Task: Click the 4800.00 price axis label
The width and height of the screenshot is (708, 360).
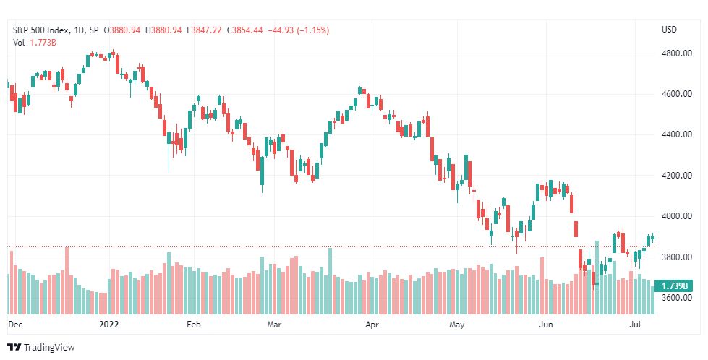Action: pos(676,53)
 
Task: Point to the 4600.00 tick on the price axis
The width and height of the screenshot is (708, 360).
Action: pos(676,94)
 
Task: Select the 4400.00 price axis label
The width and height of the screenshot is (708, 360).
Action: pos(676,134)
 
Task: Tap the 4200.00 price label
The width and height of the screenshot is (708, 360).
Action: pos(676,176)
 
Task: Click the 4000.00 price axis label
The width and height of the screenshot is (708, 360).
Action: pos(676,216)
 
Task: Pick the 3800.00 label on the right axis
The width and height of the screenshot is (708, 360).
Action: pos(676,257)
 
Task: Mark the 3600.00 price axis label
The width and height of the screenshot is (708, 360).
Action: pos(676,298)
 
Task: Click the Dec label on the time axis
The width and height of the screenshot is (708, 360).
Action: pos(15,325)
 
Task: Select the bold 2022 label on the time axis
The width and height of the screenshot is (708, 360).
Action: pos(108,325)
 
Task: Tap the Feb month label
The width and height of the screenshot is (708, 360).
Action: pos(193,325)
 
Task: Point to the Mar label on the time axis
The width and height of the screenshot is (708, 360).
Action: pos(274,325)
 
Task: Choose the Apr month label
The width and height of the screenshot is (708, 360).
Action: pos(372,325)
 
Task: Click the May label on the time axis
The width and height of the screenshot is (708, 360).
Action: pos(457,325)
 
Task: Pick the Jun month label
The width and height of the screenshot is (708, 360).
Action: pos(546,325)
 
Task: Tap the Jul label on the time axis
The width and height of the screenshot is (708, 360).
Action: pos(635,325)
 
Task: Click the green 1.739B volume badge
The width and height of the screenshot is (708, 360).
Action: pos(674,286)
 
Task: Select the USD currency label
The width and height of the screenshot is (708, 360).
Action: pos(669,30)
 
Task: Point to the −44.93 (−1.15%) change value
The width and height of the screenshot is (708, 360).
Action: pos(299,30)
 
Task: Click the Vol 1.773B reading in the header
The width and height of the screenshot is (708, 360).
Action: pos(34,43)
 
